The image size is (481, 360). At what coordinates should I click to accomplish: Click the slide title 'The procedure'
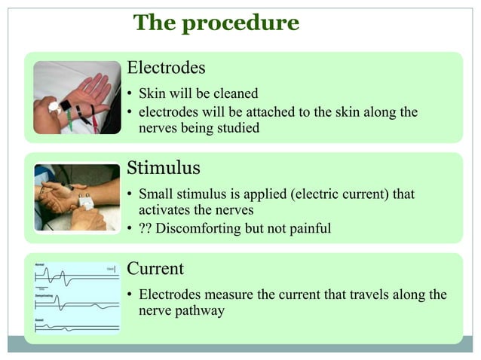216,23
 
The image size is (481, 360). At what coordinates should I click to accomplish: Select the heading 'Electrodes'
166,68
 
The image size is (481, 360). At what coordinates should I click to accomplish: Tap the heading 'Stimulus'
164,167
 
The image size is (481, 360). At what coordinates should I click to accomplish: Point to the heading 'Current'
155,268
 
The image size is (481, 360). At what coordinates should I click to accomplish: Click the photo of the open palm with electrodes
77,97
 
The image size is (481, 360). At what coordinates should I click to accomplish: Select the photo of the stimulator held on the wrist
77,197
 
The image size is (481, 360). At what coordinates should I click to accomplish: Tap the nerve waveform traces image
77,298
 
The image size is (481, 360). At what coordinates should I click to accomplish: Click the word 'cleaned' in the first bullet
234,94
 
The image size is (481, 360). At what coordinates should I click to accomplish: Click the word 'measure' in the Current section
228,294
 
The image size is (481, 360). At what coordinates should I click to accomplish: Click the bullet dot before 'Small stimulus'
130,195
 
